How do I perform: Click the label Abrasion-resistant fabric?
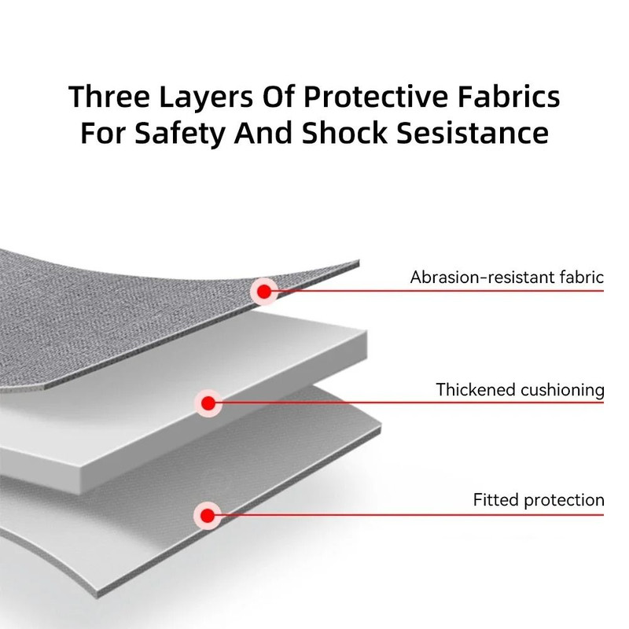pos(507,277)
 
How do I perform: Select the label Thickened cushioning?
pos(520,389)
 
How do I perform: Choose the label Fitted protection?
pos(539,500)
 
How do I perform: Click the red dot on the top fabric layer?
pos(264,292)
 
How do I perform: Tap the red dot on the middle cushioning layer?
pos(208,404)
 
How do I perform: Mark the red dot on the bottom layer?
pos(207,515)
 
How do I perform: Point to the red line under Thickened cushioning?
pos(409,403)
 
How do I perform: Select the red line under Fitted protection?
pos(409,515)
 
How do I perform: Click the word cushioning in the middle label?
pos(560,389)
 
